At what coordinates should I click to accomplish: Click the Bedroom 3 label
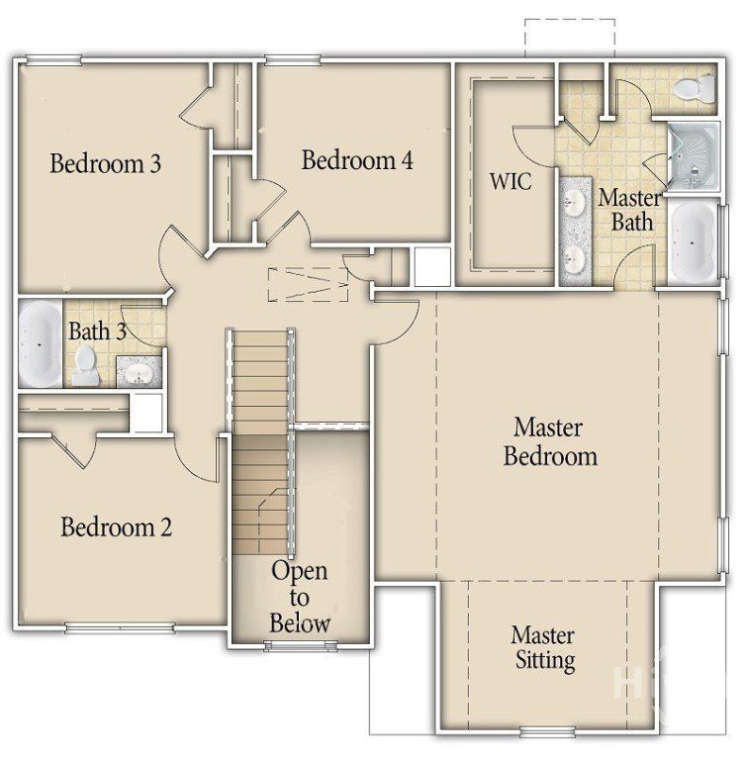pos(105,163)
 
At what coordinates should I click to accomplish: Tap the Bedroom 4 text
pos(356,159)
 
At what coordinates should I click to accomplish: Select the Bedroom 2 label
pos(116,526)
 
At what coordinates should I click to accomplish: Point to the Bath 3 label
pos(96,332)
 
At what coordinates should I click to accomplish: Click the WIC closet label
pos(511,182)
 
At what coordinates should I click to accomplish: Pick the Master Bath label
pos(630,209)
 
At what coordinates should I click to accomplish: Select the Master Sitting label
pos(543,647)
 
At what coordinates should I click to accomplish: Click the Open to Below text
pos(299,597)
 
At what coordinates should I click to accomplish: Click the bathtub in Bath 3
pos(40,343)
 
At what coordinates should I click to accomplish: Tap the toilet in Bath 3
pos(85,365)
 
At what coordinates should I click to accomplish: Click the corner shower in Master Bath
pos(692,156)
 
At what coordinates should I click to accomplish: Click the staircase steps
pos(262,435)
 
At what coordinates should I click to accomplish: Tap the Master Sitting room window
pos(547,733)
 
